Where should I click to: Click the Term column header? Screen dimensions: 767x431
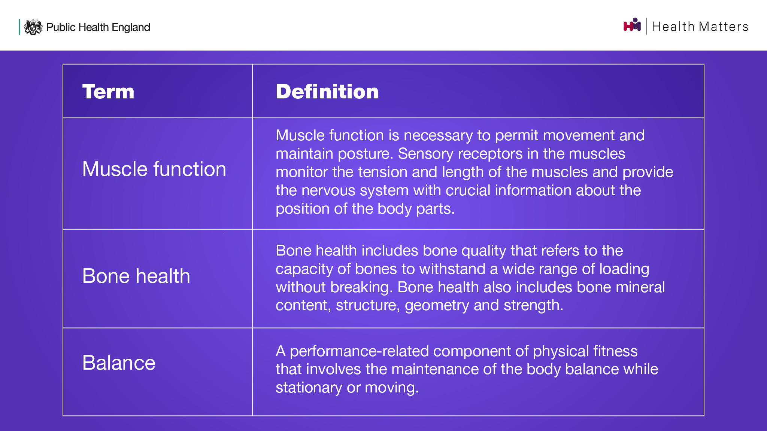(x=108, y=92)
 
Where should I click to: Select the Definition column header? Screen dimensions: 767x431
(x=327, y=92)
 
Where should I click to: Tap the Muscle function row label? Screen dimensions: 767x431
(x=154, y=169)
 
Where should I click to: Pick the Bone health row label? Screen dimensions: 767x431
(x=136, y=276)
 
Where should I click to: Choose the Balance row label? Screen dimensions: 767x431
(x=119, y=363)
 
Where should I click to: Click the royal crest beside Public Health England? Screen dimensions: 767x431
(x=33, y=27)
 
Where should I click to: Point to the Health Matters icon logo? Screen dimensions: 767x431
(x=632, y=25)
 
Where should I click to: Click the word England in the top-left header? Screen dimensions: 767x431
(x=131, y=28)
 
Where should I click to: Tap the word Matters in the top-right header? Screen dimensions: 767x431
(x=724, y=27)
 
